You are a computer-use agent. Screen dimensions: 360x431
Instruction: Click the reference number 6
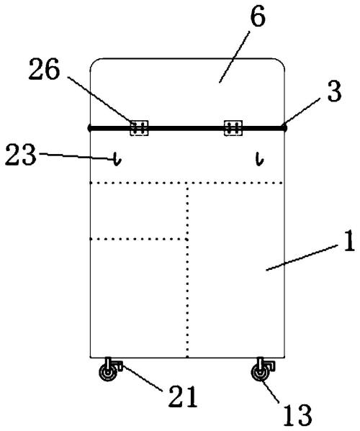[x=258, y=17]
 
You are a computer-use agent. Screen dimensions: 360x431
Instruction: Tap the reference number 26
[x=44, y=69]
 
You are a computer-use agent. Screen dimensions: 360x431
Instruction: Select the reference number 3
[x=334, y=91]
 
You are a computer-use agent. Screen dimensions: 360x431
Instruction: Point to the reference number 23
[x=21, y=155]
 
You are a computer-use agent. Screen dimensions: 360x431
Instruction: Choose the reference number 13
[x=297, y=415]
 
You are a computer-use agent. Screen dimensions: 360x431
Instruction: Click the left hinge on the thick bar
[x=139, y=128]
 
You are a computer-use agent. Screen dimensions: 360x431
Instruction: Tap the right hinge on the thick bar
[x=233, y=128]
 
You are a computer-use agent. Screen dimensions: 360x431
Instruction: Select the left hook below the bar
[x=117, y=159]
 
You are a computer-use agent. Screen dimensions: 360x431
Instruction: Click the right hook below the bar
[x=259, y=159]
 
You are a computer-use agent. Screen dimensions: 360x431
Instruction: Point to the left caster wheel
[x=108, y=373]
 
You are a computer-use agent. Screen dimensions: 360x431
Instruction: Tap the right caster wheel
[x=260, y=373]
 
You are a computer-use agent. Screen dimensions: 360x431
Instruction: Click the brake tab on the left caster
[x=119, y=366]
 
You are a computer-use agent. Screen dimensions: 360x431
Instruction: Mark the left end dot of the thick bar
[x=89, y=128]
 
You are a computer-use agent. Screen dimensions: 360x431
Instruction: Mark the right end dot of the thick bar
[x=284, y=128]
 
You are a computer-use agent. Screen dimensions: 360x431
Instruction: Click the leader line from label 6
[x=234, y=57]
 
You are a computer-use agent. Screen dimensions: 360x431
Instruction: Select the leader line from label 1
[x=302, y=258]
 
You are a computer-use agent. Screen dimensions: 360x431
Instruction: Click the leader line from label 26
[x=101, y=101]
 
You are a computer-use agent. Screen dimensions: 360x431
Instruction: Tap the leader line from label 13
[x=271, y=391]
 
